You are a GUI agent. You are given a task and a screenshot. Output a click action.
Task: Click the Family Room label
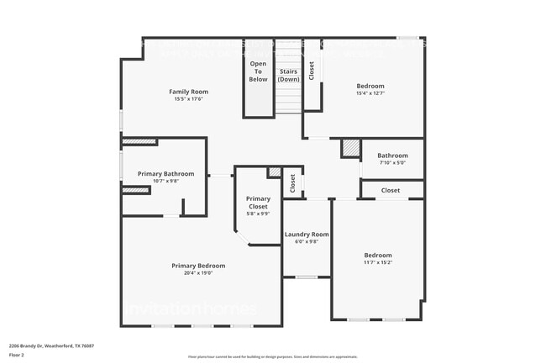tap(188, 92)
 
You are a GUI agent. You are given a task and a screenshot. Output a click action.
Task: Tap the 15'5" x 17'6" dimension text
tap(188, 99)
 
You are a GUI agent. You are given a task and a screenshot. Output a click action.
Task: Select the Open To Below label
tap(258, 71)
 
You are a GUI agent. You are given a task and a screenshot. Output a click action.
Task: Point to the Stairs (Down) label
tap(289, 76)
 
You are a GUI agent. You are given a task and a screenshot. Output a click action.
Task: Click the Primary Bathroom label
tap(165, 174)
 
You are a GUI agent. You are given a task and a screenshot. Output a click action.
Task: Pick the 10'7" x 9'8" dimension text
tap(165, 182)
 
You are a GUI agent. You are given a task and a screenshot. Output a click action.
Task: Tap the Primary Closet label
tap(258, 203)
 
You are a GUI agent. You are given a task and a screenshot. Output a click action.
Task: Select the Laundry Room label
tap(306, 235)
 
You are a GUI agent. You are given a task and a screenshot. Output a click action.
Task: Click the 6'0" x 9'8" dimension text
tap(306, 242)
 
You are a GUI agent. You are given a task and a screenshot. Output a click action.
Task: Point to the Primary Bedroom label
tap(198, 266)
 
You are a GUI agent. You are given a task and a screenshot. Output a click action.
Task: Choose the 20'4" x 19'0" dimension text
tap(198, 273)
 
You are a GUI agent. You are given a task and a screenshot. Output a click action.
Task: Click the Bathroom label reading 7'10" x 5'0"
tap(392, 156)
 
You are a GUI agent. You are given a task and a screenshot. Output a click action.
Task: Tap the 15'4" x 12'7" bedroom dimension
tap(370, 93)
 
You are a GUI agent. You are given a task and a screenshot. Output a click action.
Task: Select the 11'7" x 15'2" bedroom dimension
tap(377, 262)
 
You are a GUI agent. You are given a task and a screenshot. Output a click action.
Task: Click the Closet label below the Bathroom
tap(391, 191)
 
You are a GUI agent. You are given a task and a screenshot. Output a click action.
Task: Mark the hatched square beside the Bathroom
tap(349, 149)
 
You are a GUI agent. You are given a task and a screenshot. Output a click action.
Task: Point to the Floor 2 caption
tap(18, 356)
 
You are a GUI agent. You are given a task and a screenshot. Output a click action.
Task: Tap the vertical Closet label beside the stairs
tap(311, 71)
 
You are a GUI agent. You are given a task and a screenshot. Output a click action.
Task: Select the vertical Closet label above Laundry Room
tap(292, 182)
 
